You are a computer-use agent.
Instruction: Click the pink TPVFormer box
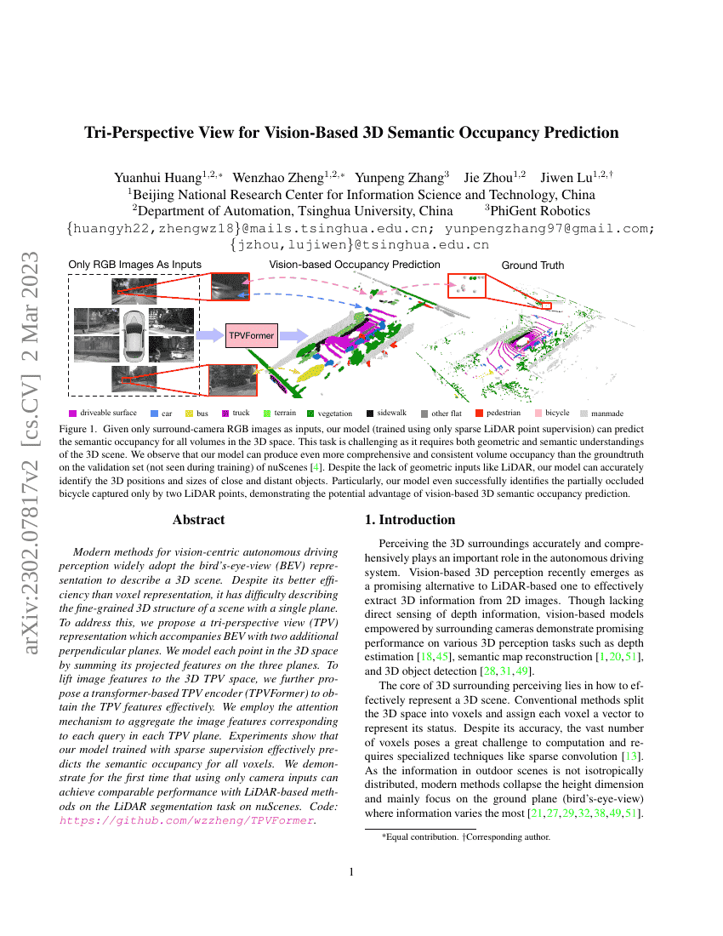tap(252, 336)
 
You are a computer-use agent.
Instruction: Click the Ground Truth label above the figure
tap(532, 265)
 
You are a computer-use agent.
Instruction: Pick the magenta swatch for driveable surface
tap(73, 413)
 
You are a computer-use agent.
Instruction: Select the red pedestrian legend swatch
tap(479, 413)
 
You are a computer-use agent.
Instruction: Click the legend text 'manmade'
tap(607, 414)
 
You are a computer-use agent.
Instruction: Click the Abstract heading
tap(198, 520)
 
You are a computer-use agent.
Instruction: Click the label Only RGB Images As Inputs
tap(134, 265)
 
